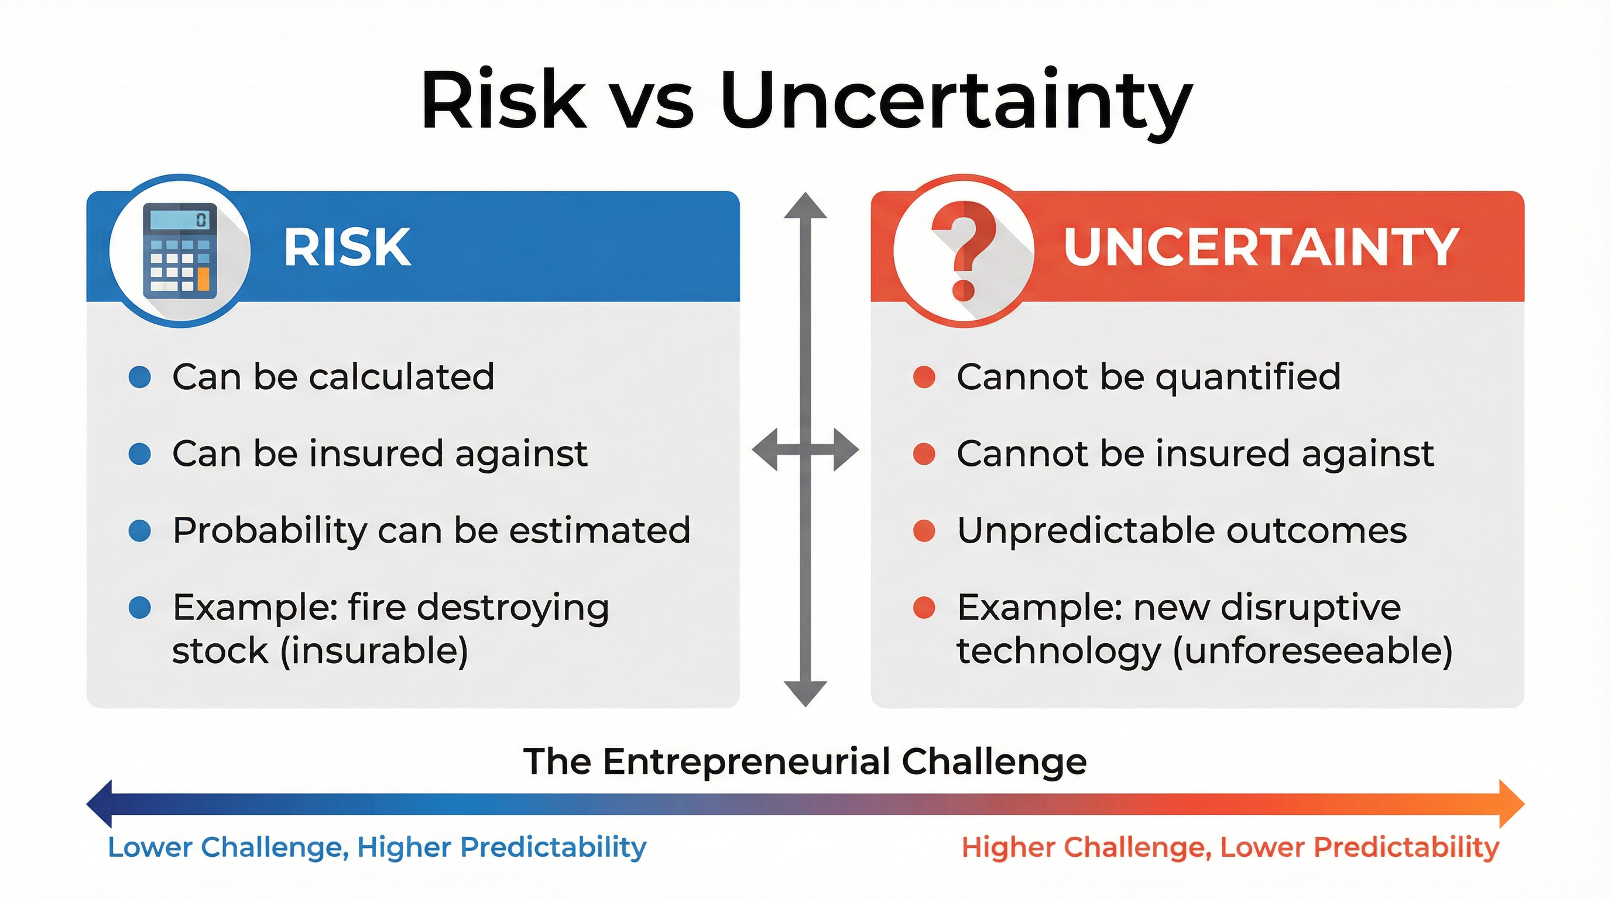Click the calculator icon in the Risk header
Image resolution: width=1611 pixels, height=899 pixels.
(x=180, y=251)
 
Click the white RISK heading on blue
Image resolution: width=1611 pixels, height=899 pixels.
(x=347, y=248)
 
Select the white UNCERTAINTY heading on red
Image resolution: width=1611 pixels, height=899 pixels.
(x=1261, y=248)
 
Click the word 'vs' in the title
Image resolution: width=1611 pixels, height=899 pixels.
(x=653, y=101)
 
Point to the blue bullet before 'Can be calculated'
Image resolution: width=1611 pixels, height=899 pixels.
(x=139, y=377)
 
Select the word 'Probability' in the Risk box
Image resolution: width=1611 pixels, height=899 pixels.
(x=269, y=531)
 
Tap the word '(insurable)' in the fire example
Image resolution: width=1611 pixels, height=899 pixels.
(x=374, y=651)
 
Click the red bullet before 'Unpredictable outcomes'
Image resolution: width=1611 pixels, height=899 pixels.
(x=924, y=531)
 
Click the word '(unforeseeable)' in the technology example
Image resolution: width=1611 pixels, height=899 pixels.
(x=1312, y=651)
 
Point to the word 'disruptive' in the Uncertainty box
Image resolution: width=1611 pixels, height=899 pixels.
(x=1310, y=608)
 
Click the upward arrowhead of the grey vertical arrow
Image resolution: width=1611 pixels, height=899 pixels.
(x=805, y=206)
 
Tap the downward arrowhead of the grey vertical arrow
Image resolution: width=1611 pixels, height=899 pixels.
(x=805, y=693)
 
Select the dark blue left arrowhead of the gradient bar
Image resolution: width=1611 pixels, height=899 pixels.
(x=100, y=804)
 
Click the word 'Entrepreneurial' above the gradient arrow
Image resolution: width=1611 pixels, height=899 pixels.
(x=748, y=762)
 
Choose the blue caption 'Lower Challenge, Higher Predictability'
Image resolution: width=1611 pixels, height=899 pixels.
(x=377, y=847)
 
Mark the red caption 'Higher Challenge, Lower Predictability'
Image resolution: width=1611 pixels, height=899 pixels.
(x=1230, y=847)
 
